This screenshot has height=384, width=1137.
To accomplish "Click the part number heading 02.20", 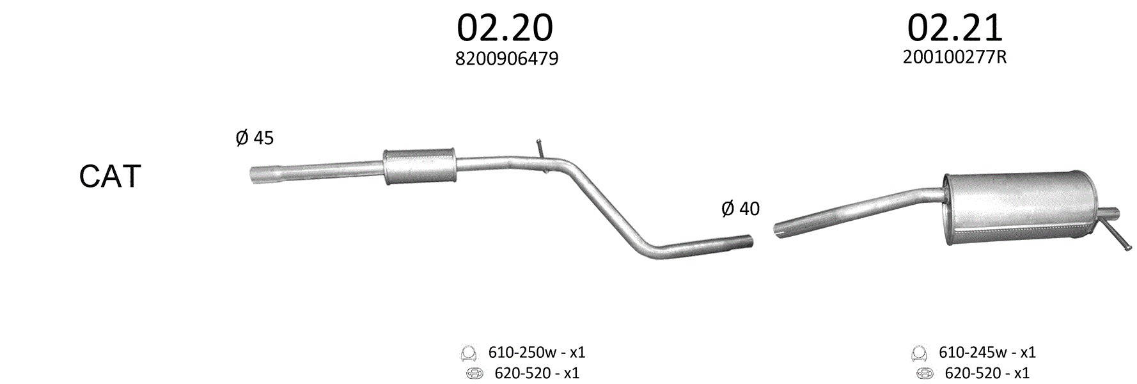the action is coord(505,28).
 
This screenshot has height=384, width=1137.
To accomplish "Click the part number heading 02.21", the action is coord(955,28).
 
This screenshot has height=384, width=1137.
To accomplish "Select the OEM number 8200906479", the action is coord(506,59).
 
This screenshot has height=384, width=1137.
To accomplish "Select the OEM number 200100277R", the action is coord(955,57).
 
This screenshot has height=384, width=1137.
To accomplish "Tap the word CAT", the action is coord(109,177).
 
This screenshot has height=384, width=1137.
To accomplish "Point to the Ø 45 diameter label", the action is coord(255,138).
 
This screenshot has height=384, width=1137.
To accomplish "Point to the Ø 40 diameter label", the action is coord(741,208).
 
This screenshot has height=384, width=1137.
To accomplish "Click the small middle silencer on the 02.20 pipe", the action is coord(420,166).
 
